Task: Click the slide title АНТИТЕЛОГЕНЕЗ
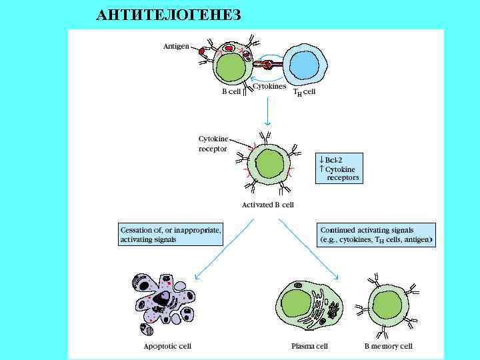[x=168, y=15]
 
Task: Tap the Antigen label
[x=176, y=47]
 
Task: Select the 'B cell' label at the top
[x=231, y=92]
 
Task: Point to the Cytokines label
[x=269, y=86]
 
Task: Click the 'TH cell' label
[x=305, y=92]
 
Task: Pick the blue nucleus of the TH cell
[x=304, y=64]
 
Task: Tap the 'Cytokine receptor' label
[x=213, y=143]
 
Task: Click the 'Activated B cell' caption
[x=267, y=205]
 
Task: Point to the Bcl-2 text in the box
[x=333, y=160]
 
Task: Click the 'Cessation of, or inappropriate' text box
[x=171, y=234]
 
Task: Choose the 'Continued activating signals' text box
[x=376, y=234]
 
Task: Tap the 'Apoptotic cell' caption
[x=167, y=346]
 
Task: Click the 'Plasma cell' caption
[x=309, y=346]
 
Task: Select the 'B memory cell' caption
[x=389, y=346]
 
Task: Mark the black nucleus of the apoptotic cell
[x=161, y=300]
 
